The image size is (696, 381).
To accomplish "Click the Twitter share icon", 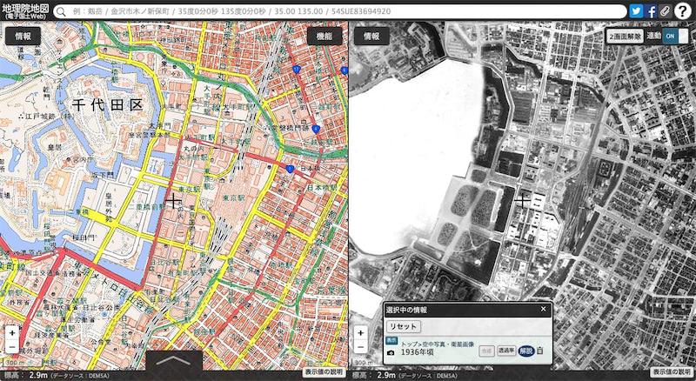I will click(636, 11).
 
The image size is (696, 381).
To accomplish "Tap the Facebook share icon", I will click(651, 11).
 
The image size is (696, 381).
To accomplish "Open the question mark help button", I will click(683, 11).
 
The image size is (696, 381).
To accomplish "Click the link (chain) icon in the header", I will click(666, 11).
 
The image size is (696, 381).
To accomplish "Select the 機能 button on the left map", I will click(324, 37).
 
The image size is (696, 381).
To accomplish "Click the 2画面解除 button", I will click(626, 37).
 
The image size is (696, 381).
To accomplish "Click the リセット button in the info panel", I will click(403, 326).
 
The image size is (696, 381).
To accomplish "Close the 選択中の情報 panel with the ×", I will click(544, 309).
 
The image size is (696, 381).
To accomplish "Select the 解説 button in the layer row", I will click(525, 351).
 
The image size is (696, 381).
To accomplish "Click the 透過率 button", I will click(505, 351).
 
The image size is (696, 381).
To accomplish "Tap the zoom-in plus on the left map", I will click(11, 332).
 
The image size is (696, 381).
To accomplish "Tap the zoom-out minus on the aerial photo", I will click(360, 347).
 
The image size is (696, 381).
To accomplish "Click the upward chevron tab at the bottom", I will click(174, 360).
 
